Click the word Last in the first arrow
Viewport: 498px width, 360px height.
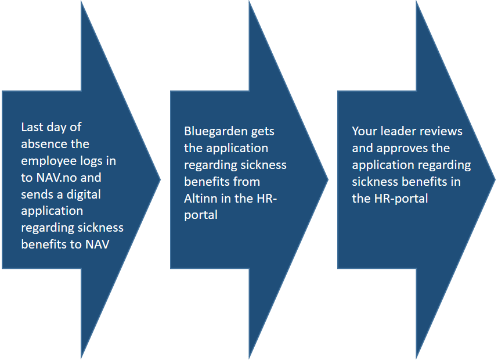pos(32,127)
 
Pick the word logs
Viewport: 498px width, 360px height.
pos(92,161)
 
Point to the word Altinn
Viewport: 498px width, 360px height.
pos(201,199)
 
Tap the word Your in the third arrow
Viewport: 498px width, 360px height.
pos(365,131)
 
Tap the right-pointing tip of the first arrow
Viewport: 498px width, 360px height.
pos(161,180)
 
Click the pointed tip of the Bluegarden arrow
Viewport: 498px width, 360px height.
pos(328,180)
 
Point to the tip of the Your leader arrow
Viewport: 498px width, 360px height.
pos(496,180)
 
